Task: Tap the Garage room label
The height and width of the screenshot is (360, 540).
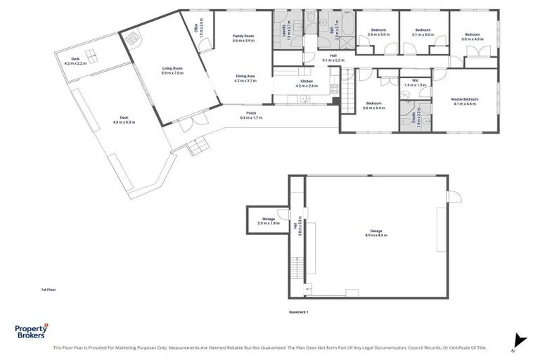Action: [377, 233]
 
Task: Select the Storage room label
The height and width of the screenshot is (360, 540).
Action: [269, 221]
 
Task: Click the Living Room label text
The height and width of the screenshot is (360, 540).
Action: [172, 70]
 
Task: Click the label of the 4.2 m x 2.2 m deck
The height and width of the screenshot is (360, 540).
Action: [75, 61]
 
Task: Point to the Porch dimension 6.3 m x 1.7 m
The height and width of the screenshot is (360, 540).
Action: [251, 117]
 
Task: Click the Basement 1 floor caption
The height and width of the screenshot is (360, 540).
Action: [299, 311]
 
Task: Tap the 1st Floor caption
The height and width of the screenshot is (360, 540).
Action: [49, 288]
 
